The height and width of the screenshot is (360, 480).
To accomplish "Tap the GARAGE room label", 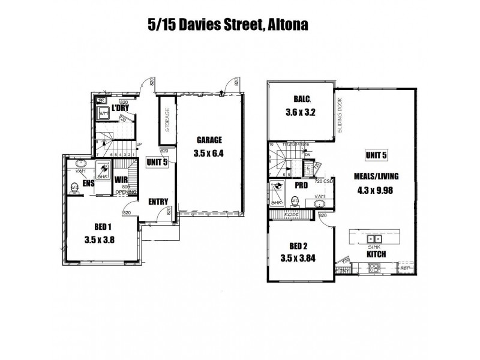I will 209,141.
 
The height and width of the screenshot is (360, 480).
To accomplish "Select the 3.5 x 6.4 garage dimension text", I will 209,153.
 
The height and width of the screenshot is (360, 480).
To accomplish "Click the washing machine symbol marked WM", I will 103,113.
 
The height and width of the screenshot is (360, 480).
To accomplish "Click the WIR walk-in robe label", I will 122,178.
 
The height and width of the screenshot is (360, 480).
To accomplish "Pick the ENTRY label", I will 158,202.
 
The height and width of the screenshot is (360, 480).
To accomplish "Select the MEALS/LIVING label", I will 377,177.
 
